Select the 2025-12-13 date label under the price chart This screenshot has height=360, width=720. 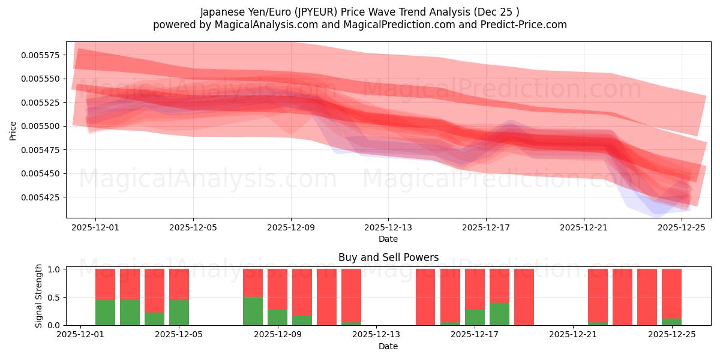pos(388,228)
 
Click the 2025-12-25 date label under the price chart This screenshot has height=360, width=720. pos(682,228)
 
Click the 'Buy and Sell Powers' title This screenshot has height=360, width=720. pos(388,258)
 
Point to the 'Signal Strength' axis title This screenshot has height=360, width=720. pos(39,296)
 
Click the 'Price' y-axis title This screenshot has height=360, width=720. pos(13,130)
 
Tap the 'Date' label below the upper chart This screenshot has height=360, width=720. pos(388,239)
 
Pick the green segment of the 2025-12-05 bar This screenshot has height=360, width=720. pos(179,312)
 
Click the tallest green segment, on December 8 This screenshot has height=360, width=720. pos(253,311)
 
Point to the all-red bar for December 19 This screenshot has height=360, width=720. pos(524,297)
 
